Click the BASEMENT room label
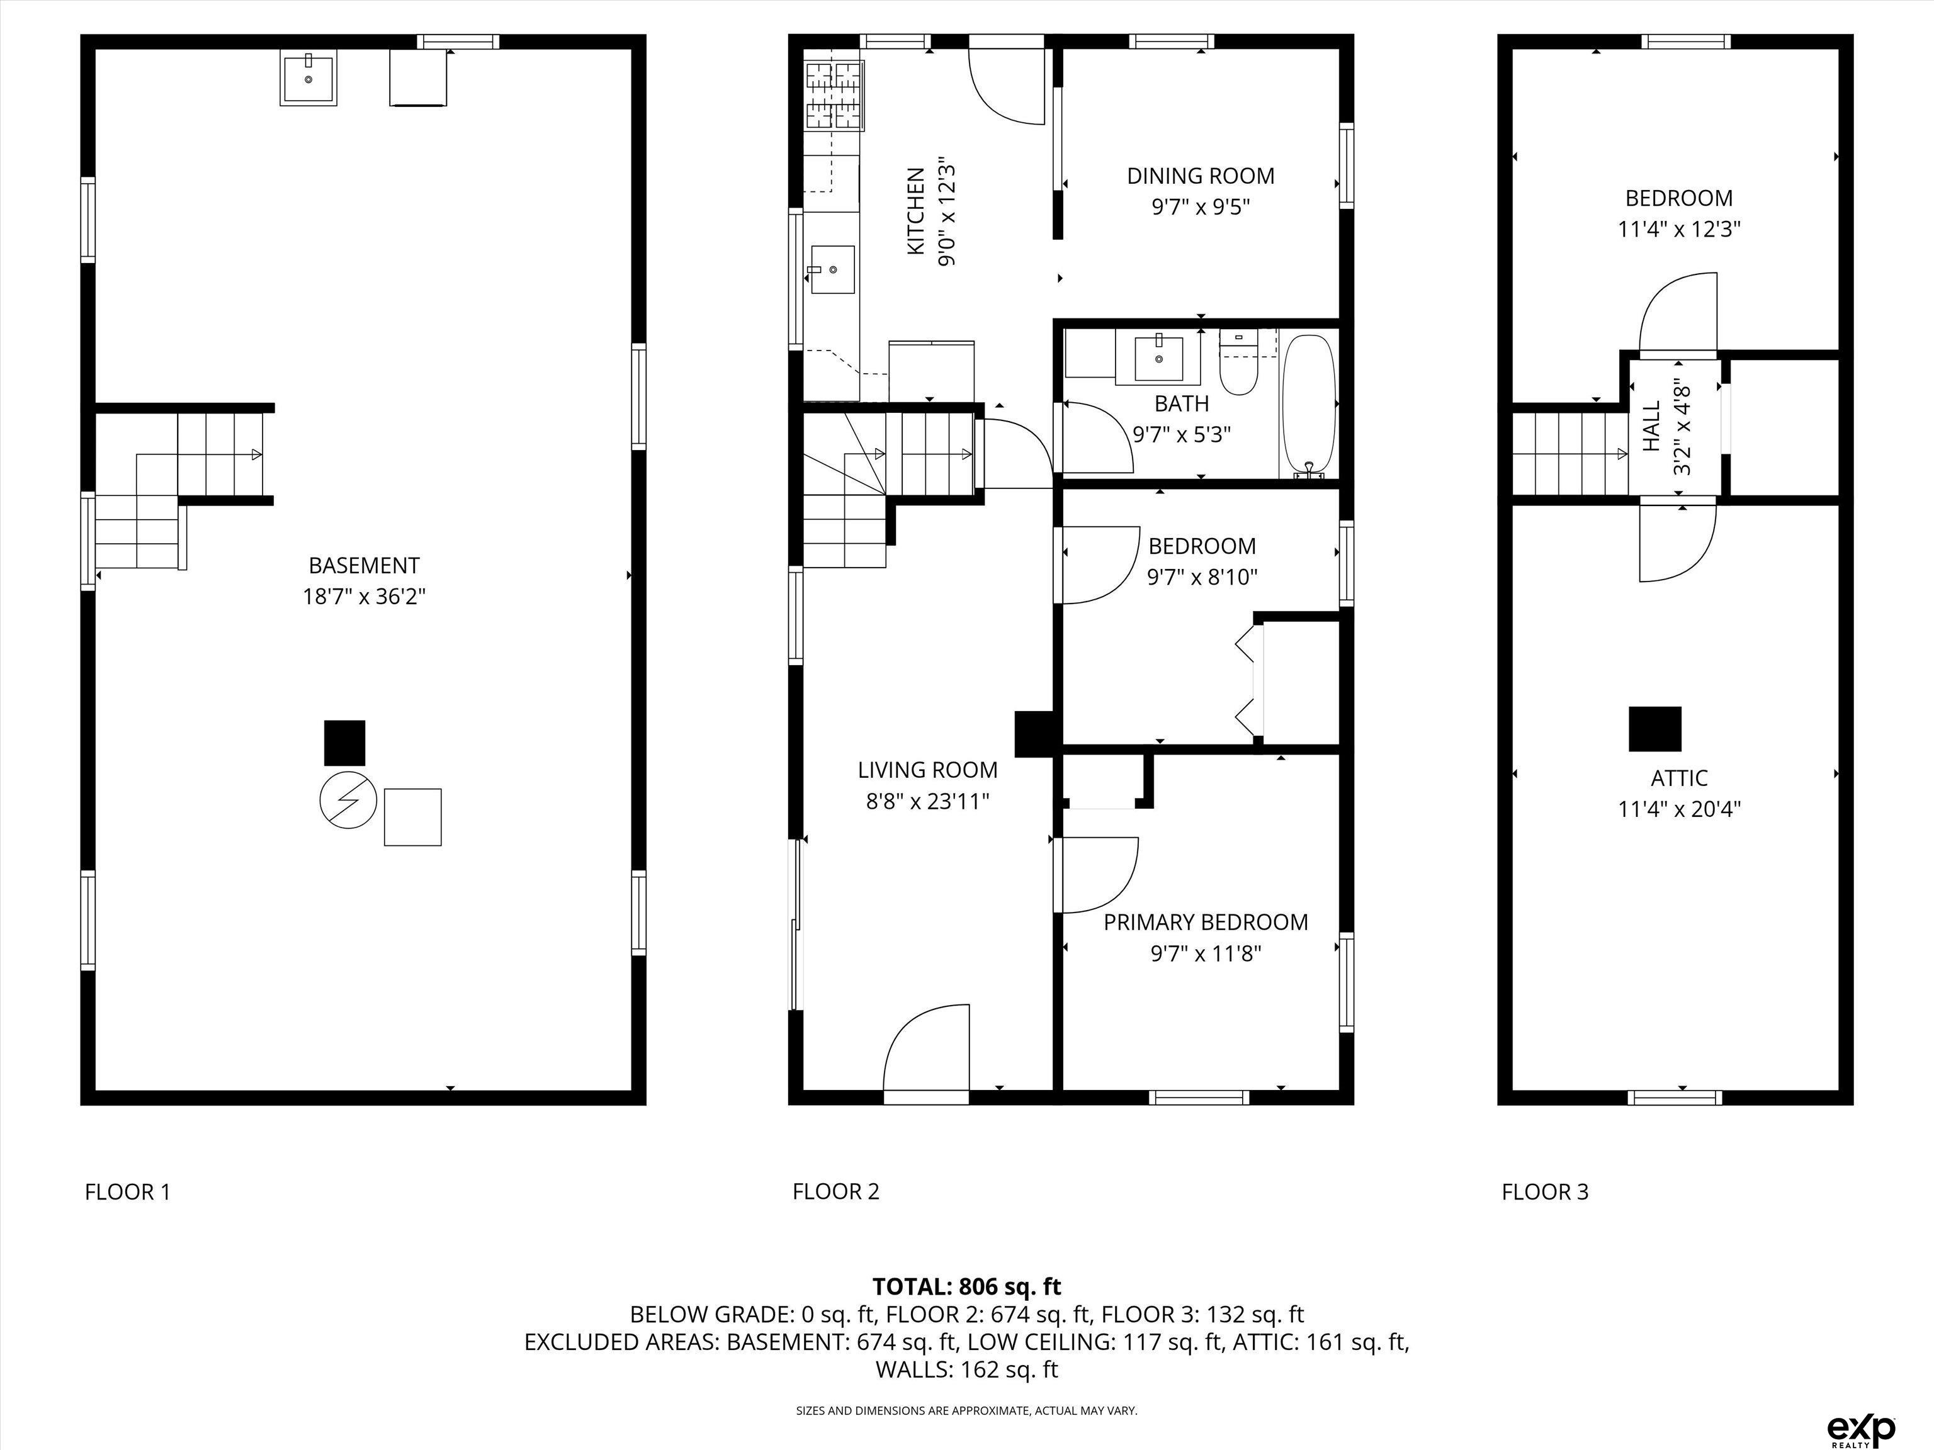tap(364, 566)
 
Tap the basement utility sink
tap(308, 78)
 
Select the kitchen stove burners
tap(834, 96)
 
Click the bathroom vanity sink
tap(1158, 358)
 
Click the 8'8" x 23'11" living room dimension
tap(928, 802)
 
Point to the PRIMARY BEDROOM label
tap(1206, 922)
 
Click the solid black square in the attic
tap(1654, 729)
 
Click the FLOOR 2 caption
tap(836, 1191)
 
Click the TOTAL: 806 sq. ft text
tap(967, 1286)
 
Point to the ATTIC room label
tap(1678, 778)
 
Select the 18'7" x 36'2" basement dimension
tap(364, 597)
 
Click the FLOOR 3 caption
tap(1545, 1191)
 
